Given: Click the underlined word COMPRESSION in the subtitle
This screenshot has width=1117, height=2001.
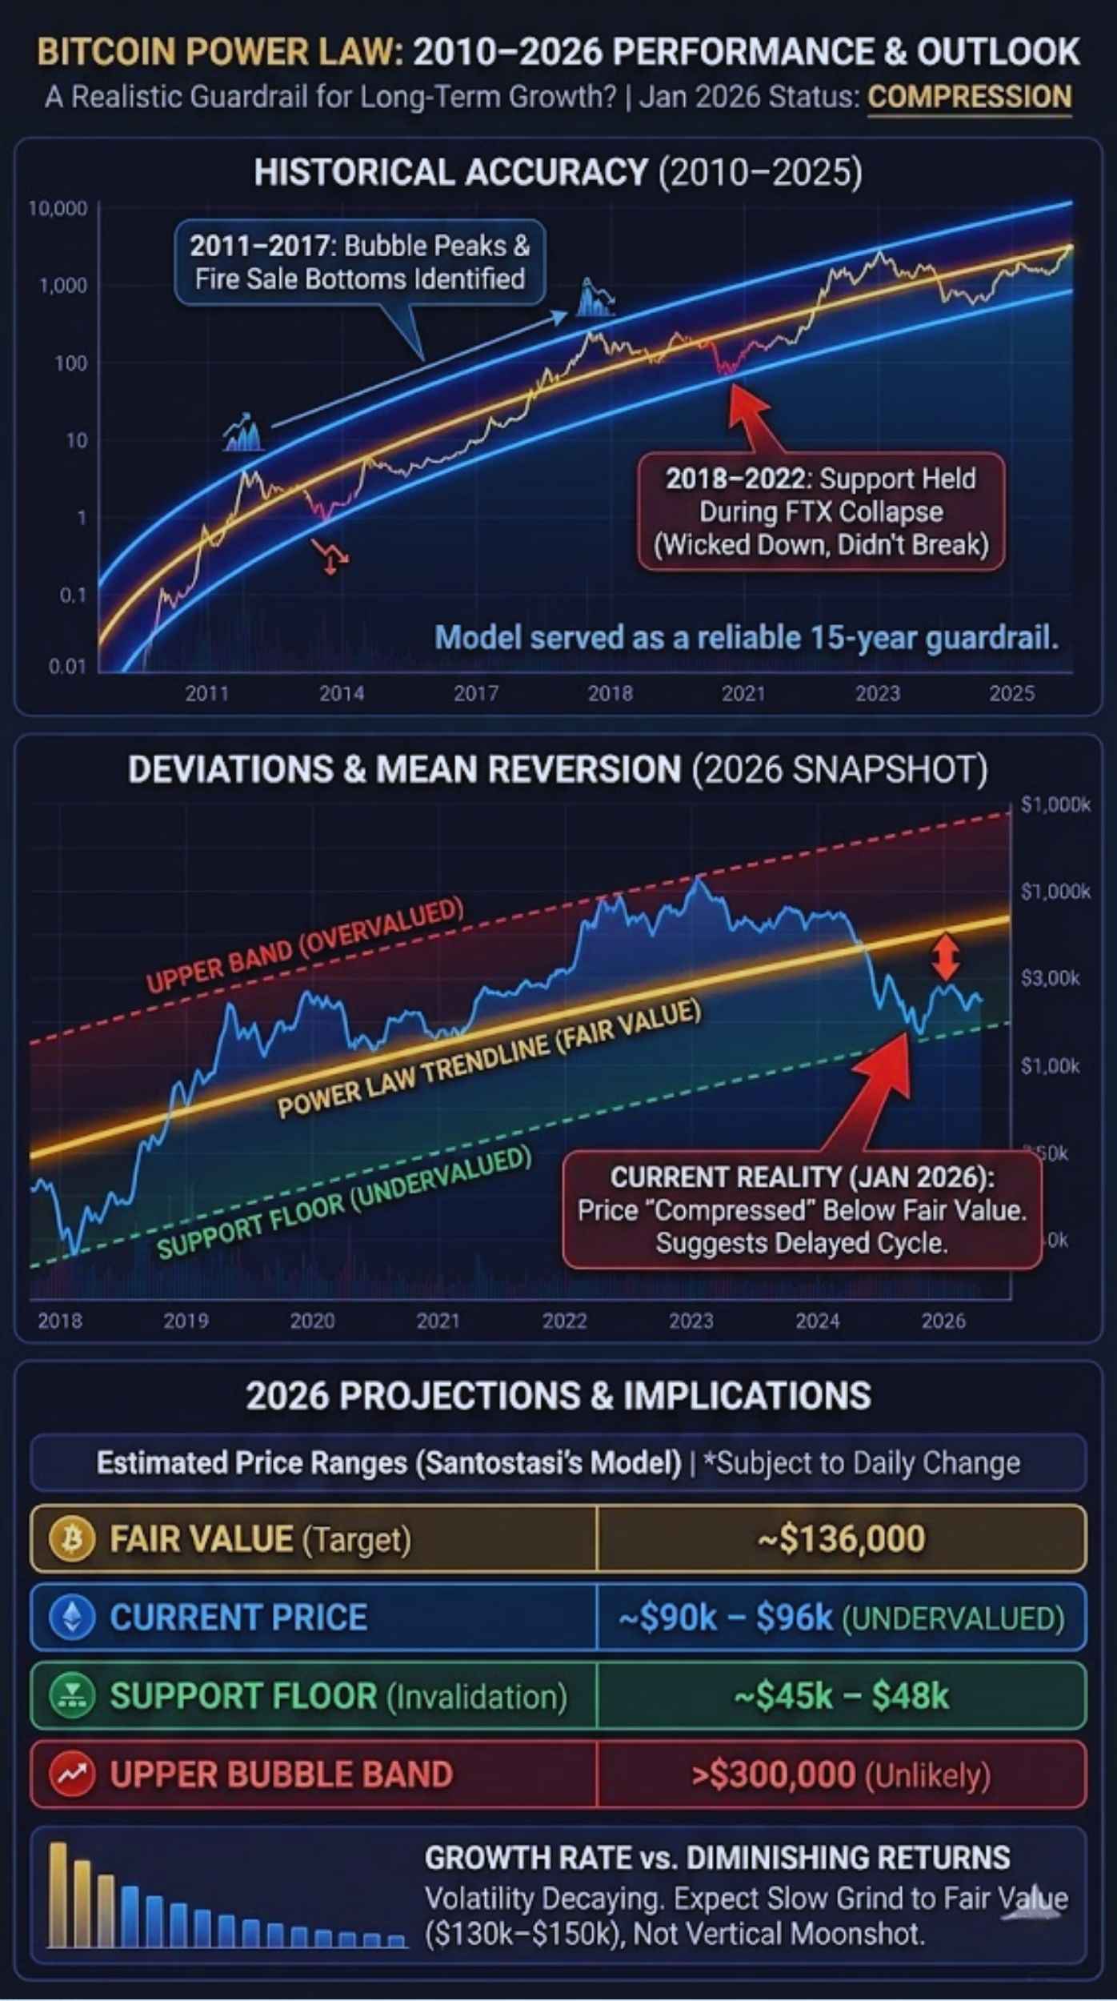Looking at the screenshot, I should [x=969, y=97].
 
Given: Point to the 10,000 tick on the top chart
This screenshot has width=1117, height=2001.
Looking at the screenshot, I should [x=58, y=209].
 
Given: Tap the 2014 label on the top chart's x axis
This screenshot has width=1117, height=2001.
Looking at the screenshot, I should [x=342, y=693].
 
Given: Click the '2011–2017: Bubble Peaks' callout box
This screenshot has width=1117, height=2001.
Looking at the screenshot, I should [x=359, y=263].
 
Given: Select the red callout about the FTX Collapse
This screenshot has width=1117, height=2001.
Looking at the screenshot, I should [x=821, y=511].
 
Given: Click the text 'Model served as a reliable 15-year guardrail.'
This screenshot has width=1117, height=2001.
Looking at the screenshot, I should [x=746, y=638].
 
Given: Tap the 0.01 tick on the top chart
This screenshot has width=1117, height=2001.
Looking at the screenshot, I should [x=66, y=666].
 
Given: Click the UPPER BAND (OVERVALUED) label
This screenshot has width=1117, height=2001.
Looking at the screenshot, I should [x=305, y=944].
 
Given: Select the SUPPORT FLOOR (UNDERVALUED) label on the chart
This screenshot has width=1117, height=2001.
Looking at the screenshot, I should [x=344, y=1203].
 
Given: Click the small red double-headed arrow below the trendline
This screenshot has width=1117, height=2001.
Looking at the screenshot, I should [x=946, y=956].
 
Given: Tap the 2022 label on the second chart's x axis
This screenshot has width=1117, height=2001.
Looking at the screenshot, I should [x=564, y=1321].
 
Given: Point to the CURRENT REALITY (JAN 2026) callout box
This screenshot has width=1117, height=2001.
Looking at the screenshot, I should [x=802, y=1210].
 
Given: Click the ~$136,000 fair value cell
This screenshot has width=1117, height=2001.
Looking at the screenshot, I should [x=841, y=1538].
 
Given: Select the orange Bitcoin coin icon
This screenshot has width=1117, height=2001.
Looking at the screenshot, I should [x=72, y=1538].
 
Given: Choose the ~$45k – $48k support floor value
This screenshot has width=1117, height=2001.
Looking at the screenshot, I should [x=841, y=1695].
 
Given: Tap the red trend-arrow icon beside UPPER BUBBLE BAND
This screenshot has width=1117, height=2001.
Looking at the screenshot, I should [x=72, y=1774].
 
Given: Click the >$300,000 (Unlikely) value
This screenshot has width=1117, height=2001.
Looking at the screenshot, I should [x=841, y=1774].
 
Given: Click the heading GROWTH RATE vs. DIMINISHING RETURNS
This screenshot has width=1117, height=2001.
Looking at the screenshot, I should [x=717, y=1858].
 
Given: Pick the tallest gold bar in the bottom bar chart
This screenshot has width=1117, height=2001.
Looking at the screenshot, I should [x=58, y=1894].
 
